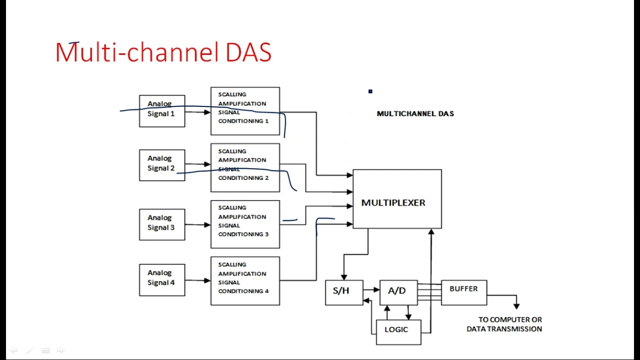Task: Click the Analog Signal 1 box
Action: click(162, 111)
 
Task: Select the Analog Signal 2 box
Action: click(162, 165)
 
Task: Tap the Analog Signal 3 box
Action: click(162, 224)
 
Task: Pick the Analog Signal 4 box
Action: click(162, 279)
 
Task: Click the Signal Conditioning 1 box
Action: click(245, 111)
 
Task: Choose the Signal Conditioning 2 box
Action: click(245, 167)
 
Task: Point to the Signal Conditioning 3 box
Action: click(245, 224)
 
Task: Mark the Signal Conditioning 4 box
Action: click(245, 280)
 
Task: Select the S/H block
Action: click(344, 292)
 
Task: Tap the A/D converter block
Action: click(398, 292)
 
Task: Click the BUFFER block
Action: click(463, 292)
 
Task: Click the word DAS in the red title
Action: click(248, 52)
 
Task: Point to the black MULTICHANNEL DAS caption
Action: click(415, 113)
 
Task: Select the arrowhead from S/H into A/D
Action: click(376, 289)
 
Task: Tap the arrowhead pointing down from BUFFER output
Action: click(516, 305)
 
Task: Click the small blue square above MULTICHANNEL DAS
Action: click(370, 91)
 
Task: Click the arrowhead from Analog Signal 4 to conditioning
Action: click(207, 280)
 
